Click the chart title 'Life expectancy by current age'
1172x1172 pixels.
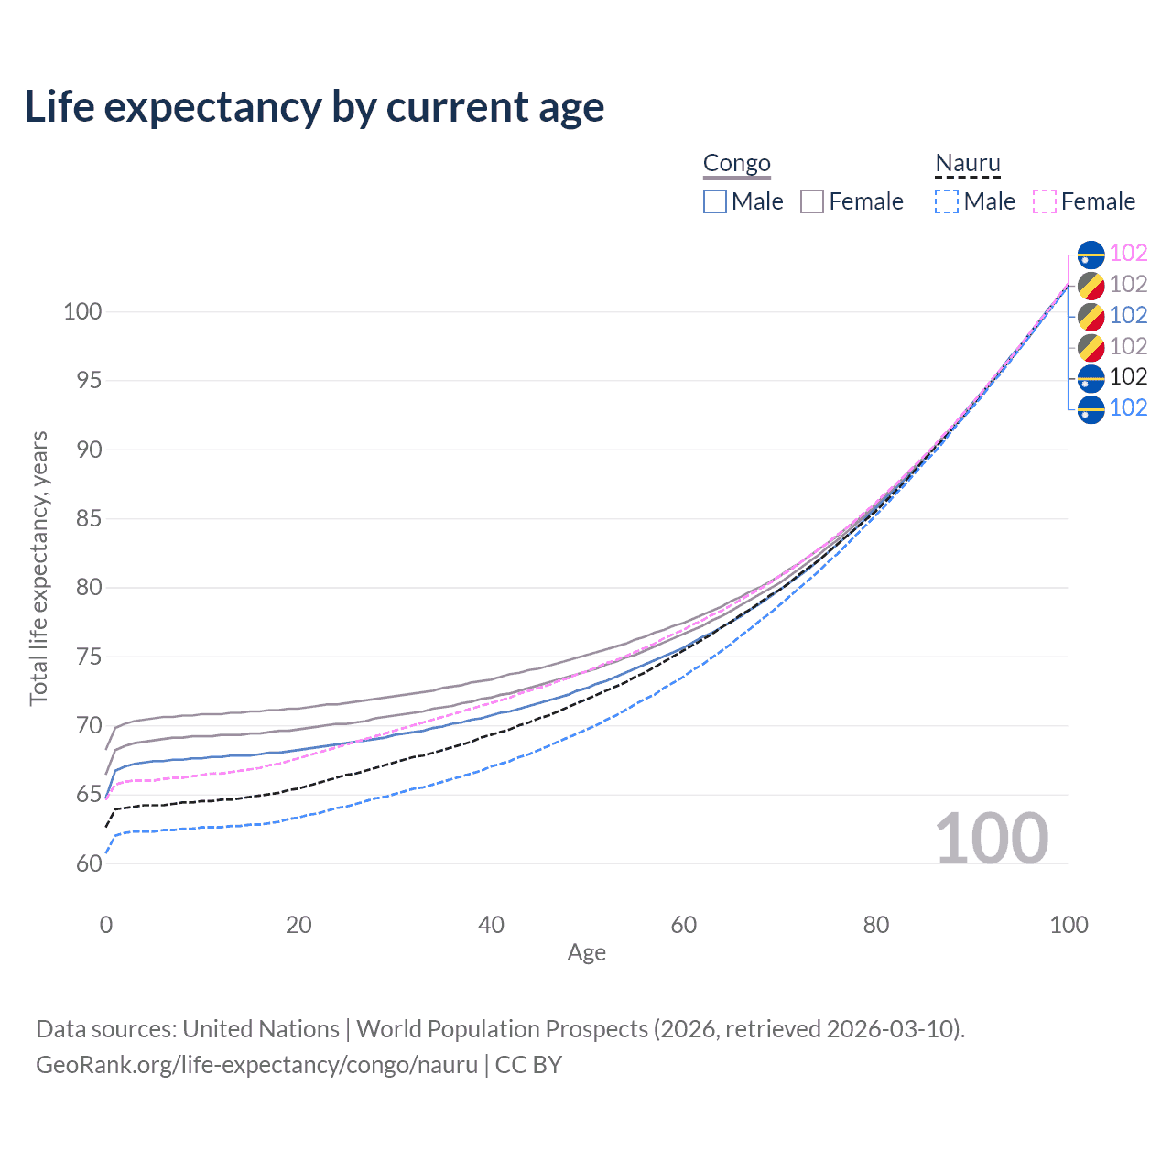[314, 108]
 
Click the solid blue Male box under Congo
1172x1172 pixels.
[714, 201]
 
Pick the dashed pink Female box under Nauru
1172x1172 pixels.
[1045, 201]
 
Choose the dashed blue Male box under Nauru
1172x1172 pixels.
[947, 201]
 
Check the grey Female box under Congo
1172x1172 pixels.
[812, 201]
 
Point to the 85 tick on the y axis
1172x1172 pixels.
[89, 519]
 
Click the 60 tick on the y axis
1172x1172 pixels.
[89, 863]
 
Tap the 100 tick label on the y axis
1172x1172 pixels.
[82, 311]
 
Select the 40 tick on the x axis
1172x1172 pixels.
[491, 925]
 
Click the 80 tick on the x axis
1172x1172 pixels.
[876, 925]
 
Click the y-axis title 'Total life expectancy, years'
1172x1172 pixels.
[38, 569]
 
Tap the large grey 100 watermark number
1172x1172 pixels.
[992, 839]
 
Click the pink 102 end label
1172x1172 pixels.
[1128, 253]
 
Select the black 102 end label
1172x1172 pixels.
[1128, 376]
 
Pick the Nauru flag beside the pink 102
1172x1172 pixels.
[1091, 255]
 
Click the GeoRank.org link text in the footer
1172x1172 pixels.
[256, 1065]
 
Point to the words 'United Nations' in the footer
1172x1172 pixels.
[261, 1029]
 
